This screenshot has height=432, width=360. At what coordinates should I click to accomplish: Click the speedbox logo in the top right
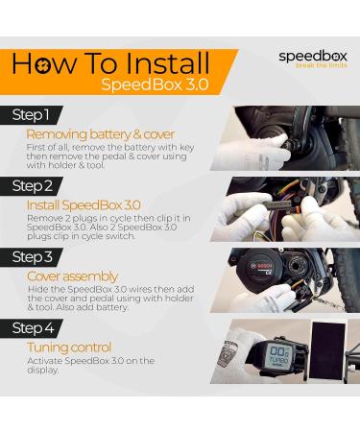[x=309, y=57]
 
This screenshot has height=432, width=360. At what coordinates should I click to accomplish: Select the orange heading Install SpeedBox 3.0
[x=84, y=205]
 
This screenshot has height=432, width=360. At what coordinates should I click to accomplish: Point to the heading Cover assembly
[x=72, y=276]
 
